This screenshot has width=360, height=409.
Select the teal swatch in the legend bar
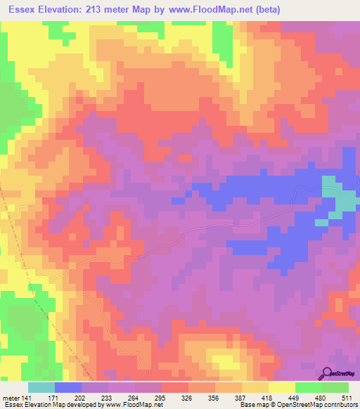click(x=41, y=388)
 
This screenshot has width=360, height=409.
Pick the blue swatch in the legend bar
click(x=67, y=388)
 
